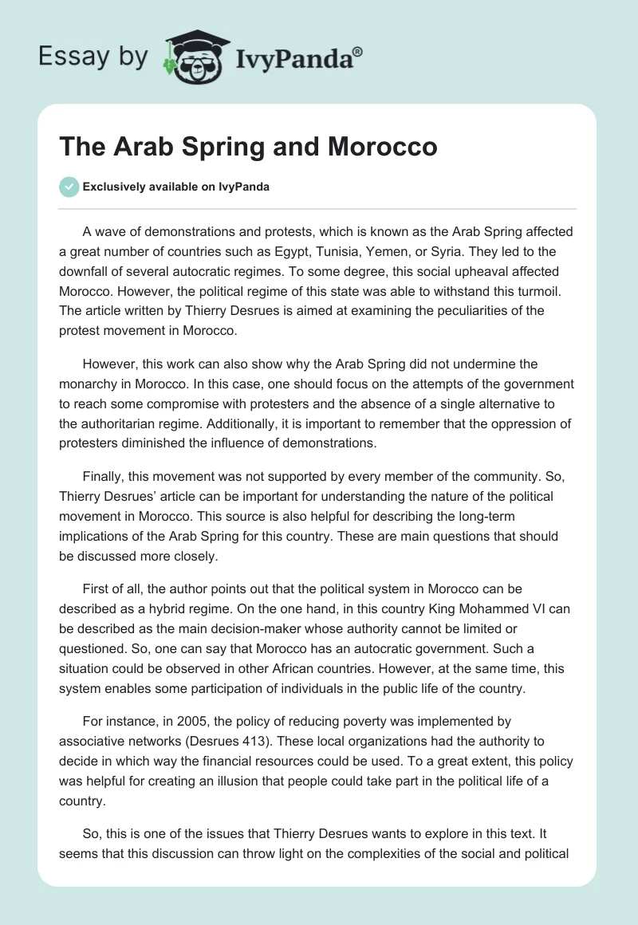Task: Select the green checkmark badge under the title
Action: click(69, 187)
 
